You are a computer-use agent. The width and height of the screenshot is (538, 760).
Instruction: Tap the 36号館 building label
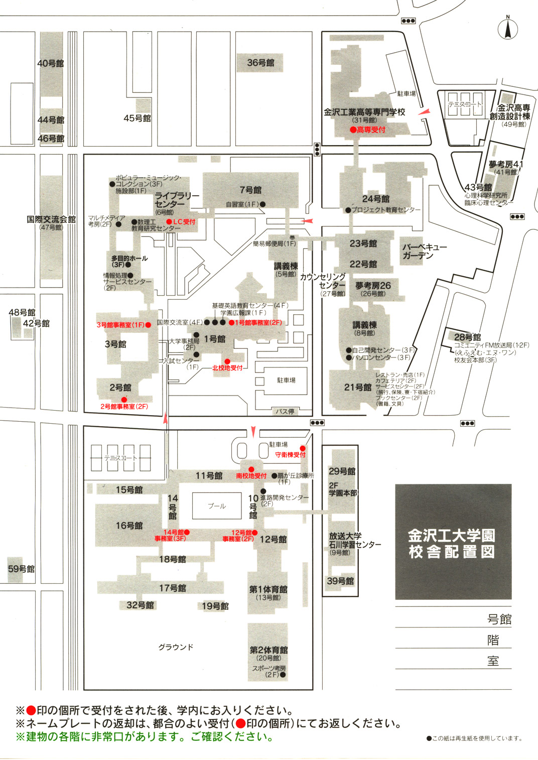[260, 63]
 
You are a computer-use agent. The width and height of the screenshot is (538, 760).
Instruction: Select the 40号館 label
[51, 63]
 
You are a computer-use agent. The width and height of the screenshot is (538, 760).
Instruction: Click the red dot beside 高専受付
[353, 130]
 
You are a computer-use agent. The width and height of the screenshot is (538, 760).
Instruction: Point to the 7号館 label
[250, 190]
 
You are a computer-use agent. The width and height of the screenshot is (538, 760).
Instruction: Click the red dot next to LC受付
[169, 222]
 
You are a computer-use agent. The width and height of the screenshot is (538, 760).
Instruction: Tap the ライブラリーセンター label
[176, 200]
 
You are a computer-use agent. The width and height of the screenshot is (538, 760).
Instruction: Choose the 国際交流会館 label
[51, 219]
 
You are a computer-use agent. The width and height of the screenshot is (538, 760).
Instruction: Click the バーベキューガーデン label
[424, 251]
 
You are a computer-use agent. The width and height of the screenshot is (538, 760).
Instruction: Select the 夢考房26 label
[373, 286]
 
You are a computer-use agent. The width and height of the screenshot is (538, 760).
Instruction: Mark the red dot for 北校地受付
[227, 361]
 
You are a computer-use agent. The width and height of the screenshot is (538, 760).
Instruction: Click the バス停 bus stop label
[285, 412]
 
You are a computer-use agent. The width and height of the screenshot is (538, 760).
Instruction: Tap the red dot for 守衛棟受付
[303, 448]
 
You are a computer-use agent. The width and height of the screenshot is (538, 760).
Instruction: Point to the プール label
[217, 506]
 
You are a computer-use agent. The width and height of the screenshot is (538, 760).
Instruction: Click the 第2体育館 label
[268, 650]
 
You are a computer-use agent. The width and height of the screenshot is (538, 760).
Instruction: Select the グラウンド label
[176, 647]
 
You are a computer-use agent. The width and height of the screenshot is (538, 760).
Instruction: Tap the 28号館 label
[467, 337]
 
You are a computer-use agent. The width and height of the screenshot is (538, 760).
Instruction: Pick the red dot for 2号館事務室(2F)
[124, 400]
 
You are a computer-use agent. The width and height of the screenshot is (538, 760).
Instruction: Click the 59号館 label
[21, 569]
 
